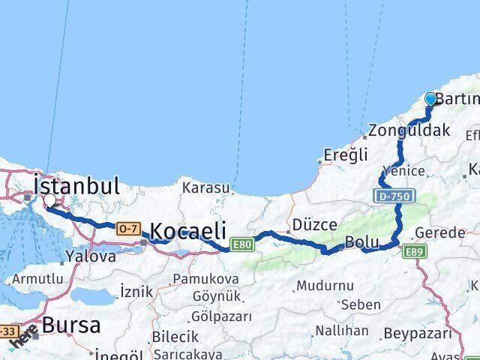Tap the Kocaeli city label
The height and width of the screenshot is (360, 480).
pyautogui.click(x=188, y=232)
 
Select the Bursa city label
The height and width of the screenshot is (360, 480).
pyautogui.click(x=72, y=326)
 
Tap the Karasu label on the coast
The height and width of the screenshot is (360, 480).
pyautogui.click(x=203, y=187)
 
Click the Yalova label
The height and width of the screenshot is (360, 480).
pyautogui.click(x=91, y=256)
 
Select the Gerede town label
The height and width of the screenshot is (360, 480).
pyautogui.click(x=441, y=232)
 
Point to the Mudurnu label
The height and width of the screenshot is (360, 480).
pyautogui.click(x=324, y=286)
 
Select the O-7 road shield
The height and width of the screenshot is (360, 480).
pyautogui.click(x=125, y=228)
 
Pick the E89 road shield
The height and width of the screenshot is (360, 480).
pyautogui.click(x=413, y=251)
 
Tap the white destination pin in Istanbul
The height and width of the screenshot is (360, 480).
pyautogui.click(x=49, y=201)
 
